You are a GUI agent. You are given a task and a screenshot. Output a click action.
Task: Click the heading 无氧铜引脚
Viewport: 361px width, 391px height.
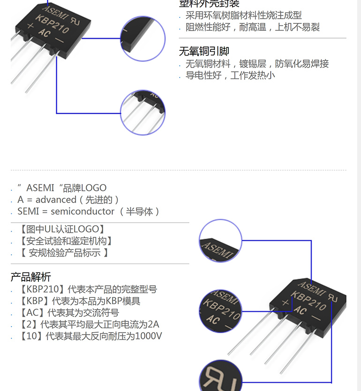(x=204, y=51)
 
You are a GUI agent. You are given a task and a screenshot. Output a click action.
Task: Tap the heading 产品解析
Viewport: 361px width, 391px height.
(x=31, y=277)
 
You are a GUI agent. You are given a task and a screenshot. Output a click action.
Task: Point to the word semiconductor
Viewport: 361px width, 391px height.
(x=83, y=211)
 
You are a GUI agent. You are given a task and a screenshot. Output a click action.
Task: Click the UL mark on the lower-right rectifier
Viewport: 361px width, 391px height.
(x=333, y=298)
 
